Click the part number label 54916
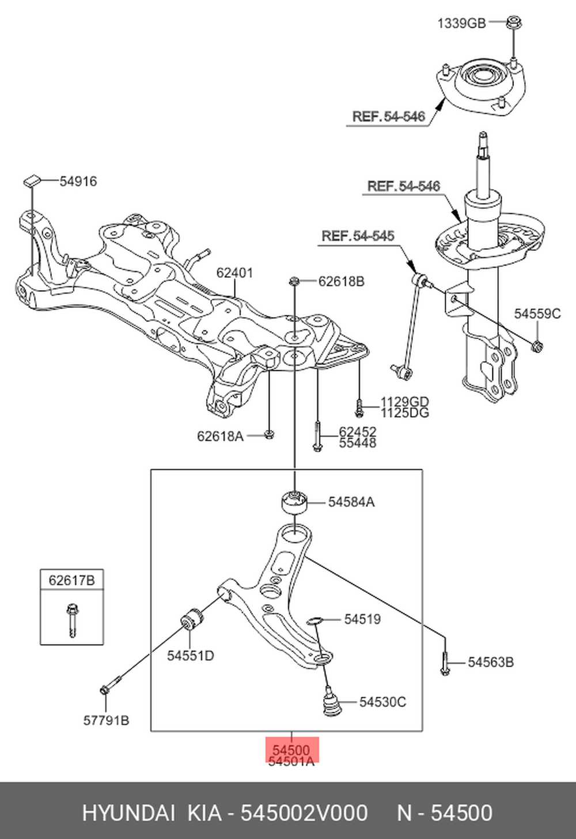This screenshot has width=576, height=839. (78, 181)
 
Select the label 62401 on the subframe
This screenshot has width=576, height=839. (234, 272)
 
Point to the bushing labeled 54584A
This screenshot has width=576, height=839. (294, 502)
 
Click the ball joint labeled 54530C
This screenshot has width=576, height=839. (331, 702)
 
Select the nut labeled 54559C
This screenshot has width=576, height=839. (537, 345)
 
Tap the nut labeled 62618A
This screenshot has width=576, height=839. (268, 434)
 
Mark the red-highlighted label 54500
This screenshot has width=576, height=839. (291, 750)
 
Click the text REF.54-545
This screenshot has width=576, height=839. (358, 236)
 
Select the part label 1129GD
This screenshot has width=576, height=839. (404, 401)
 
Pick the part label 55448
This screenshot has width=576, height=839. (357, 443)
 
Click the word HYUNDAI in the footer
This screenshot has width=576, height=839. (128, 813)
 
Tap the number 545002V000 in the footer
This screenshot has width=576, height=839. (304, 813)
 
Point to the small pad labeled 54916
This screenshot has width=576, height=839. (31, 180)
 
